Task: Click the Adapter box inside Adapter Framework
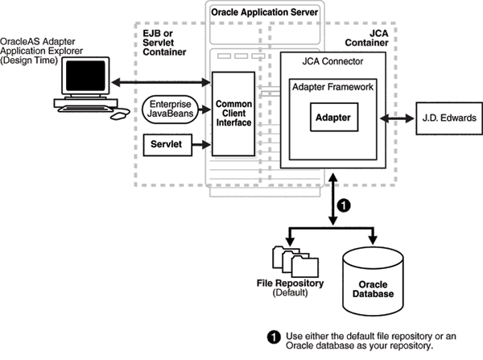pos(333,117)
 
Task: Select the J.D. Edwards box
pos(446,118)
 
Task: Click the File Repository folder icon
pos(289,258)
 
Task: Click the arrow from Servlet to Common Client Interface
pos(201,146)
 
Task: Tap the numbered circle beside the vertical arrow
pos(343,205)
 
